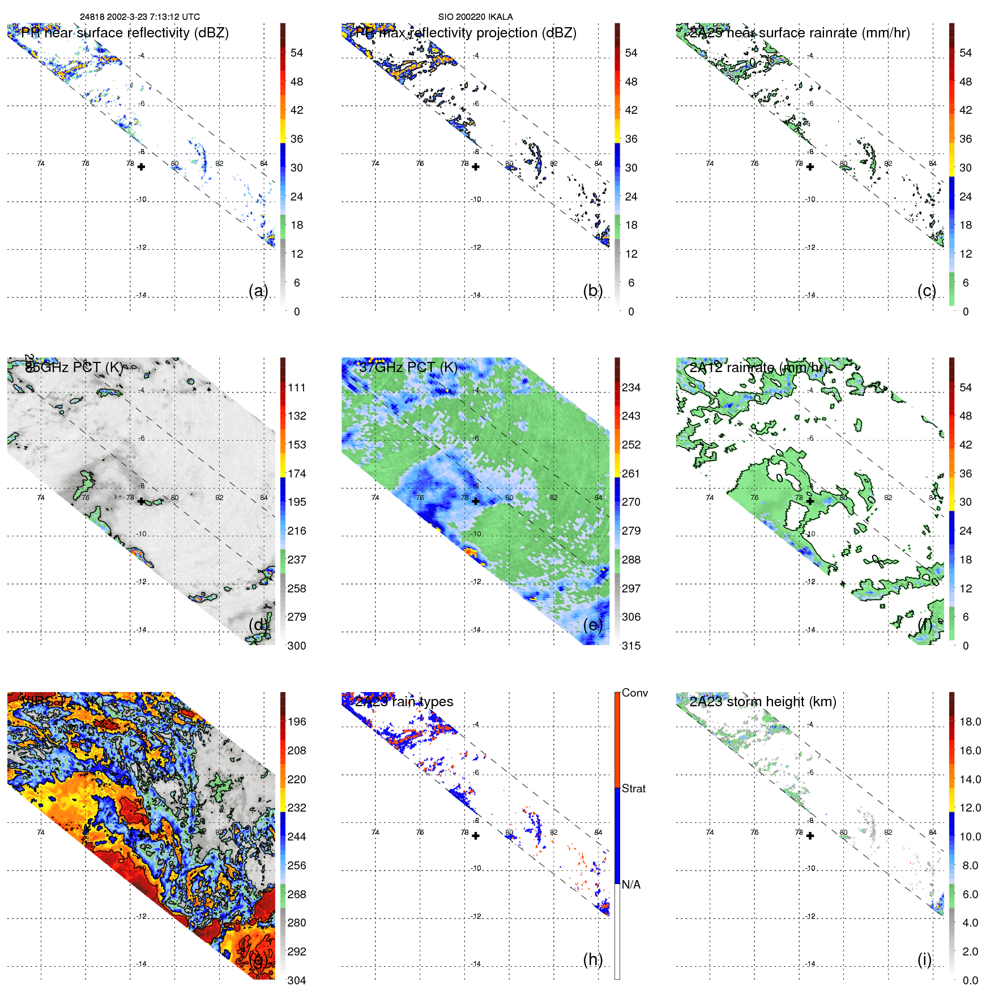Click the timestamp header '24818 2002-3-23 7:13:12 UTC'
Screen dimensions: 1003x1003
point(139,17)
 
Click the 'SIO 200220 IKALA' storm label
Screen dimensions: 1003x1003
point(475,17)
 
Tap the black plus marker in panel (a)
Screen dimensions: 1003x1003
point(141,167)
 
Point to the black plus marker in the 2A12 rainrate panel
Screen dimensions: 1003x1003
point(810,501)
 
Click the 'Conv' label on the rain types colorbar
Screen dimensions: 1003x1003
point(634,693)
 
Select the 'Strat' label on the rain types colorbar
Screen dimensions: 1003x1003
point(633,788)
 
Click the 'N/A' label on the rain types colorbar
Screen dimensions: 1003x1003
point(631,885)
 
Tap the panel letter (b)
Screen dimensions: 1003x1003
point(592,291)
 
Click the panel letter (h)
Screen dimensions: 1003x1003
point(592,959)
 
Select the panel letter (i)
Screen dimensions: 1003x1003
point(924,959)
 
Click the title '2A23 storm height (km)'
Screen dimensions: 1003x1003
point(762,702)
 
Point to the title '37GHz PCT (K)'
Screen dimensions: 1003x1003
point(408,367)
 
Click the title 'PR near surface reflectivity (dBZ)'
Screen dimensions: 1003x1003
point(125,33)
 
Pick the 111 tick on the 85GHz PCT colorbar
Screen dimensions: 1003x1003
point(296,387)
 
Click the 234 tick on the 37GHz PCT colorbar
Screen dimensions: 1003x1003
point(631,387)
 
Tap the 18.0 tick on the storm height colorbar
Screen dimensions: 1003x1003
point(970,722)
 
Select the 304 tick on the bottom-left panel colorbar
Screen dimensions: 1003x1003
point(296,980)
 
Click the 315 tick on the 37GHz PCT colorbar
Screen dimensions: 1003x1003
point(631,646)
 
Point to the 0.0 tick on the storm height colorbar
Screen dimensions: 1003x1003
point(970,980)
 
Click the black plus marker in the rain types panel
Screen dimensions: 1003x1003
point(476,836)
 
